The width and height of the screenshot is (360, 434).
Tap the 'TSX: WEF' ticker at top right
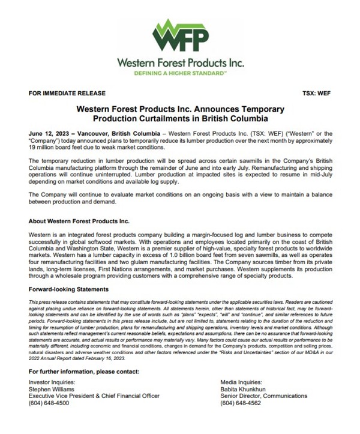pyautogui.click(x=316, y=94)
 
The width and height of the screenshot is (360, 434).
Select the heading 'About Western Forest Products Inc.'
pyautogui.click(x=75, y=220)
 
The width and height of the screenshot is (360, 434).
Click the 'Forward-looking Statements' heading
pyautogui.click(x=68, y=289)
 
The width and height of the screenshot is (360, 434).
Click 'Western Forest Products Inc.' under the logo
pyautogui.click(x=179, y=62)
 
